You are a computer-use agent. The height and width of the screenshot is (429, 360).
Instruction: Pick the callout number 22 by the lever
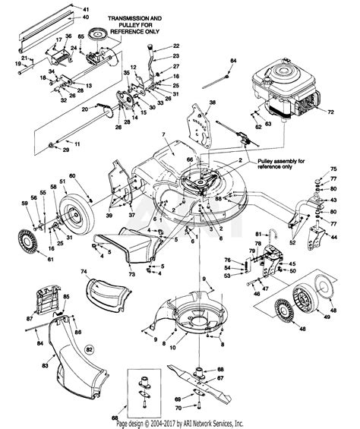click(175, 47)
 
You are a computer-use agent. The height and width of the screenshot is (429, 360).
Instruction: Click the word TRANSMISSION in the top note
click(131, 17)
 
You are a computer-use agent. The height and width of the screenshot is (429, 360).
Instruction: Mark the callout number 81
click(257, 234)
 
